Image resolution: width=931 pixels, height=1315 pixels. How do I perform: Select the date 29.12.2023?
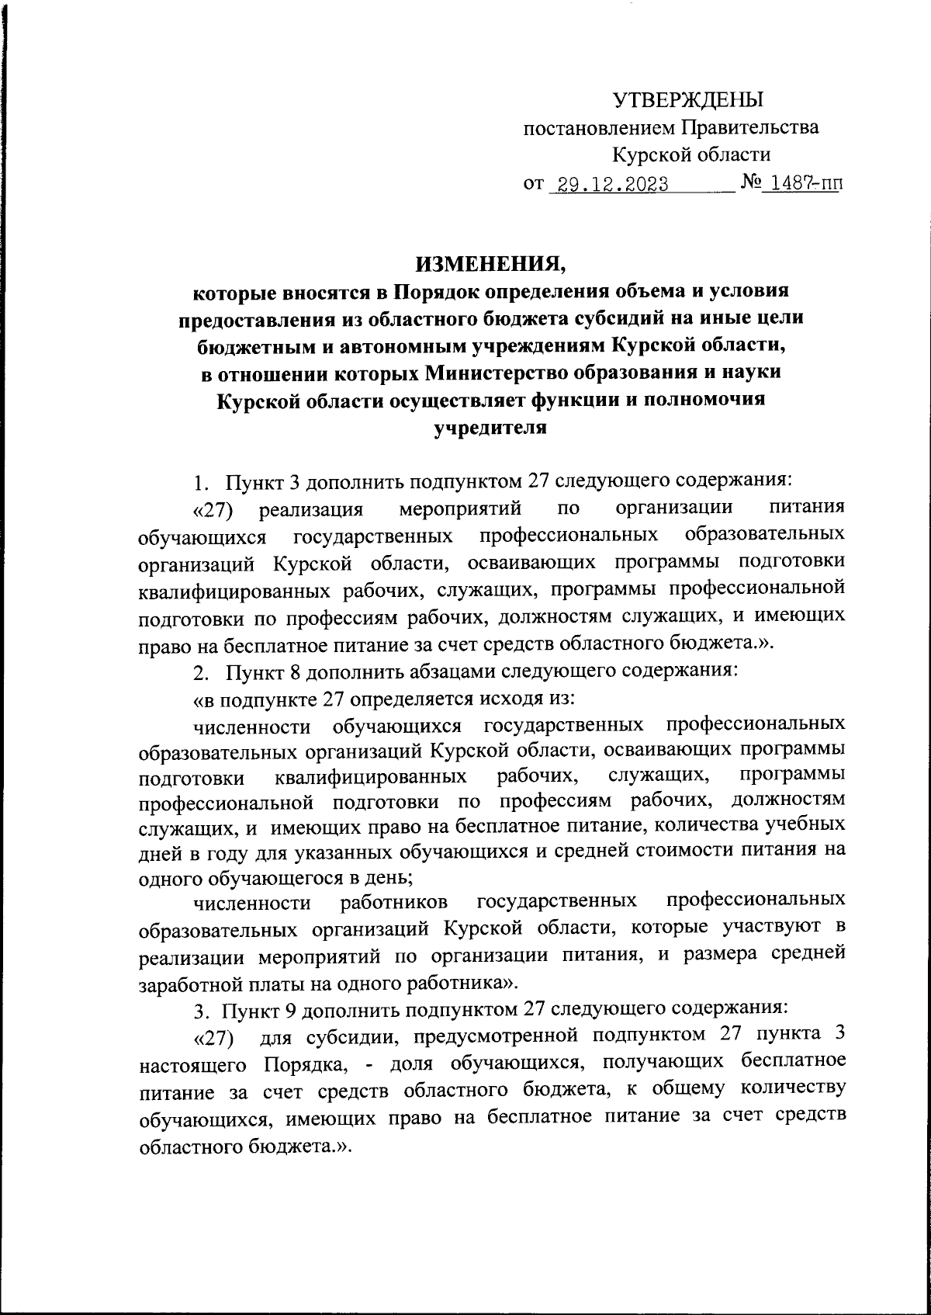(x=608, y=186)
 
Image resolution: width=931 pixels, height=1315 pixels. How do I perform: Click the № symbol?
(x=749, y=185)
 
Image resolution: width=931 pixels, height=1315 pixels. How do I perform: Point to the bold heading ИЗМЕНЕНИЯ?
(x=492, y=265)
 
